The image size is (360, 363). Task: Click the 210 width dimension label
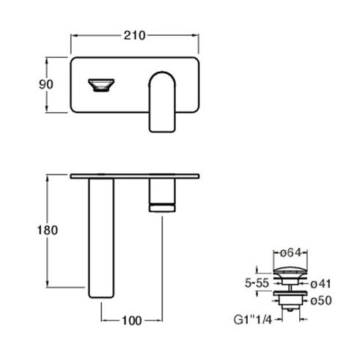click(134, 35)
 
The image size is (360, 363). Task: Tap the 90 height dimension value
click(46, 84)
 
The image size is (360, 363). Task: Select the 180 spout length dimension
click(48, 230)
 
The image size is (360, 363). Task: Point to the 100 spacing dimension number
click(132, 320)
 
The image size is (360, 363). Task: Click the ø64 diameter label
click(290, 253)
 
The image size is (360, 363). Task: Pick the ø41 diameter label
click(320, 284)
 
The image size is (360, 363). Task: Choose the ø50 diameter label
click(321, 301)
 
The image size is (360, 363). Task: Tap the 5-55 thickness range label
click(257, 283)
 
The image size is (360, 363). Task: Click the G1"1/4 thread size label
click(253, 320)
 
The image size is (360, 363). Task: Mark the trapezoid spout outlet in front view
click(101, 85)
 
